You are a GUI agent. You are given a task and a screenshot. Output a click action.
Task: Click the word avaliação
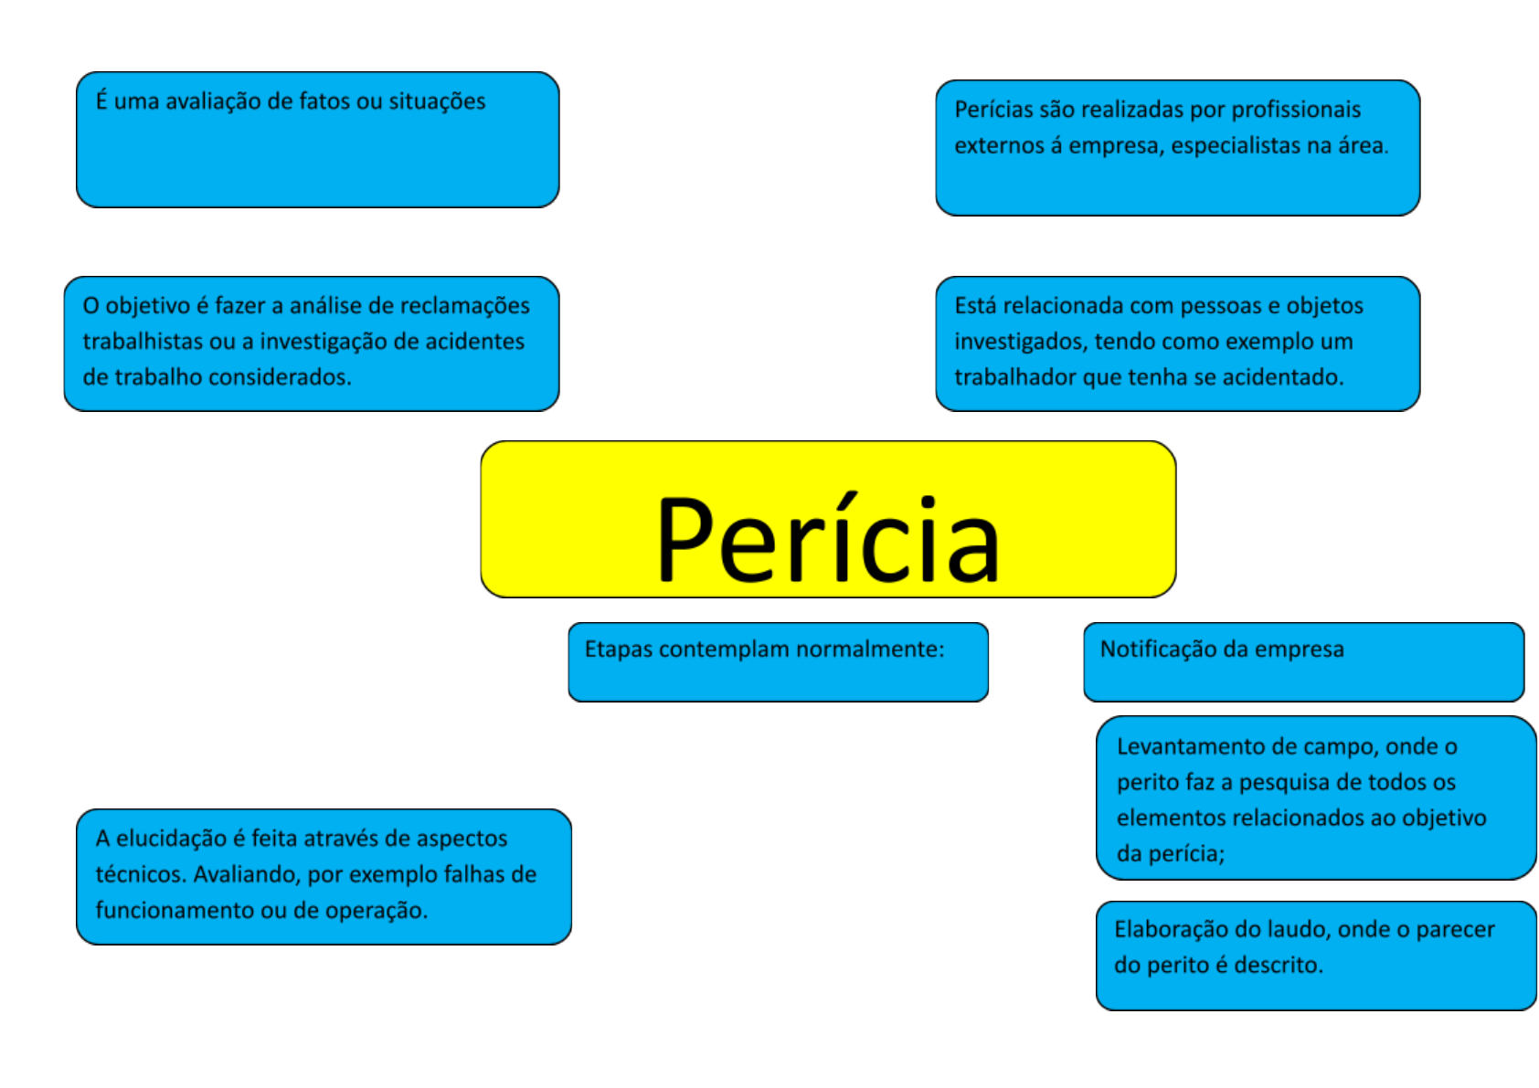click(211, 101)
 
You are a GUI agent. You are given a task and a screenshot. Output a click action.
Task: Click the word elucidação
click(172, 839)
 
